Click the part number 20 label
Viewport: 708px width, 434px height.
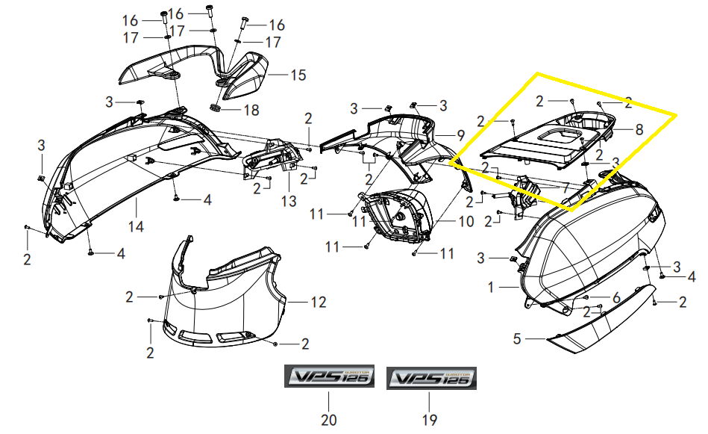329,420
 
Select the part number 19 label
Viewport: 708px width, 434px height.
430,420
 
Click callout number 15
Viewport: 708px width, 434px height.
298,75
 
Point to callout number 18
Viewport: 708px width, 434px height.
251,110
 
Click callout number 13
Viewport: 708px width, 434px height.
289,202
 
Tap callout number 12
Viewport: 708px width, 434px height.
319,302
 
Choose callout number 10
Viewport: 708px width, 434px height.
466,222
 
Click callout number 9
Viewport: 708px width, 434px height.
460,135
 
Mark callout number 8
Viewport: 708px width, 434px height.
639,128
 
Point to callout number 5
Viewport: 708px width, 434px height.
516,338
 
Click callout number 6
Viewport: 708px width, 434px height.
616,297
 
